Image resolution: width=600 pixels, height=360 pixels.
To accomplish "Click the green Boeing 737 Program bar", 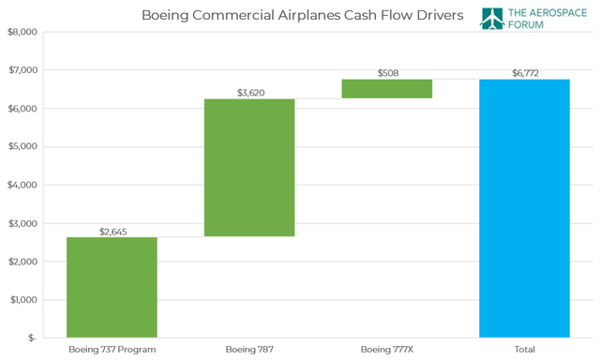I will tap(112, 286).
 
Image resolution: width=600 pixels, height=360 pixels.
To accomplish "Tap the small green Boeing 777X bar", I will tap(386, 88).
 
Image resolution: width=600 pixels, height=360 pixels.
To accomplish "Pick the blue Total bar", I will tap(524, 207).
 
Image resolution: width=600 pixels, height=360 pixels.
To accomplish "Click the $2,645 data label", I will tap(112, 231).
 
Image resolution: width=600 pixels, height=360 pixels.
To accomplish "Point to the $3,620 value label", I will tap(249, 92).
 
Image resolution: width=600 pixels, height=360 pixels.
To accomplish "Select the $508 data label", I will tap(386, 72).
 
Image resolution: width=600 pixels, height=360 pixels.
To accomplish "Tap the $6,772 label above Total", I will tap(524, 72).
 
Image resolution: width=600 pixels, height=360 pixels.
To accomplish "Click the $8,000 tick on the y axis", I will tap(22, 32).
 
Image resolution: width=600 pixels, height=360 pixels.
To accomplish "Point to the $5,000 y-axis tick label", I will tap(22, 146).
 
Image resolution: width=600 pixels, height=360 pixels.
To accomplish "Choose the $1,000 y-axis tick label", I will tap(22, 300).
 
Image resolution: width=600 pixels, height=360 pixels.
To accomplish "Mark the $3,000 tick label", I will tap(22, 223).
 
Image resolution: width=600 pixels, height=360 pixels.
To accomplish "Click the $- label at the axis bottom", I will tap(30, 337).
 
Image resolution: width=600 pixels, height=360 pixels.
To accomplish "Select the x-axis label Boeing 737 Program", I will tap(112, 350).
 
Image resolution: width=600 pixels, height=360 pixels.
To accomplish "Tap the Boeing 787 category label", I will tap(249, 350).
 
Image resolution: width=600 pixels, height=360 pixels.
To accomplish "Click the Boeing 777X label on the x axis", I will tap(386, 350).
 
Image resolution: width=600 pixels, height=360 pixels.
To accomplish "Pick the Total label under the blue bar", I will tap(524, 350).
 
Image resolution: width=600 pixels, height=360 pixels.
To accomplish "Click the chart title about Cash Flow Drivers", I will tap(302, 15).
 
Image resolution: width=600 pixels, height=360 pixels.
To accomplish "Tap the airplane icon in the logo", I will tap(493, 19).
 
